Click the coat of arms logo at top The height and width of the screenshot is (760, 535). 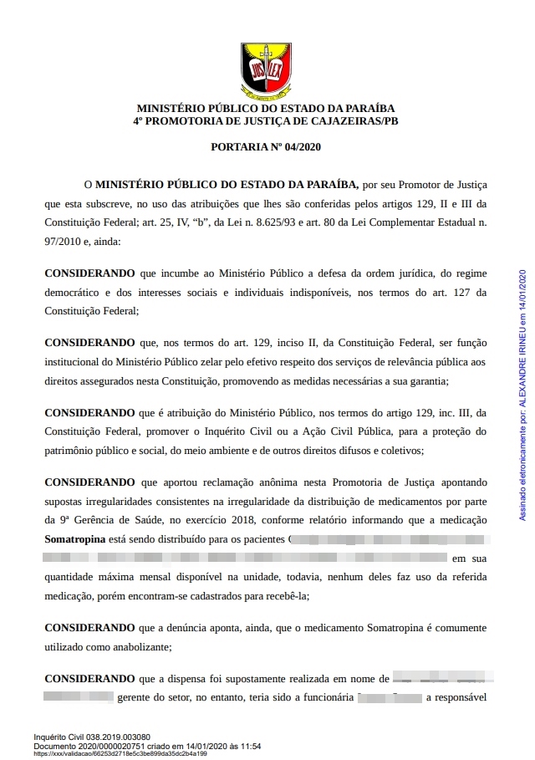tap(266, 69)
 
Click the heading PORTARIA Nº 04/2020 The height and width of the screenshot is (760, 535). tap(267, 147)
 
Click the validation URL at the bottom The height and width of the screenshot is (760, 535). tap(120, 753)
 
